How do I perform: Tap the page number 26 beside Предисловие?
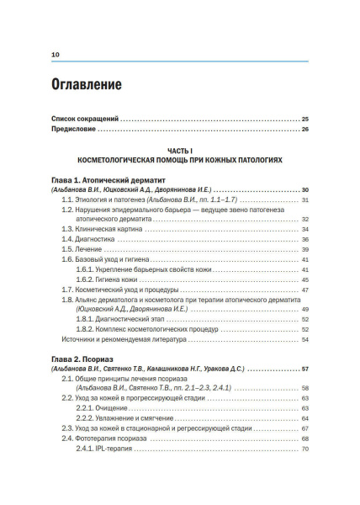coord(304,130)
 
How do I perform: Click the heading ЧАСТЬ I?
coord(179,149)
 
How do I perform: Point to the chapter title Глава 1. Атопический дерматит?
coord(109,179)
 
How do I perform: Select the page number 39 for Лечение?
coord(305,251)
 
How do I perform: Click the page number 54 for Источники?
coord(305,339)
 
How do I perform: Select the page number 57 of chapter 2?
coord(304,369)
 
